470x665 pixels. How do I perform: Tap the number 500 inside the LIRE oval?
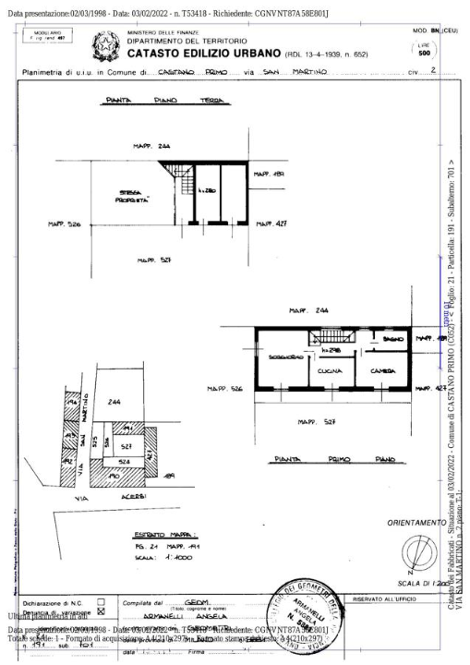[x=424, y=53]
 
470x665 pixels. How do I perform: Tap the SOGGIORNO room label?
[x=283, y=356]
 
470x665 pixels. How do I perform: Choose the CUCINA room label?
[x=330, y=370]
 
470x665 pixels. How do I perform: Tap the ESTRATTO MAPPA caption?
[x=151, y=534]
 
